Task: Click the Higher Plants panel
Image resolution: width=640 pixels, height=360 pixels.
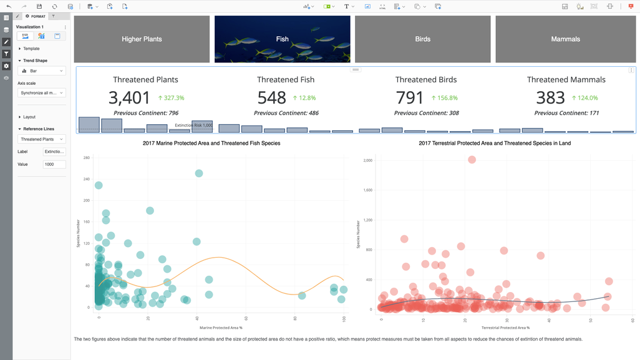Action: [x=142, y=39]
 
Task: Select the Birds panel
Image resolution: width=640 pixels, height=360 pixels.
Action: [x=423, y=39]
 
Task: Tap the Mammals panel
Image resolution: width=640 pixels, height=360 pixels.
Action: [x=565, y=39]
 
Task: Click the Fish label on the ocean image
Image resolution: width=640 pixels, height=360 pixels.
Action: [x=283, y=39]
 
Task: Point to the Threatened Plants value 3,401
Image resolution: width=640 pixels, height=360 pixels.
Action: [x=129, y=98]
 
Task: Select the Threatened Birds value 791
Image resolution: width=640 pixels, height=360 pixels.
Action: [x=409, y=98]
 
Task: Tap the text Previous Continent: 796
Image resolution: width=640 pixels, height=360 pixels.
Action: [x=145, y=113]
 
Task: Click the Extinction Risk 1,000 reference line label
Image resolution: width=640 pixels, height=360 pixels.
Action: [x=193, y=125]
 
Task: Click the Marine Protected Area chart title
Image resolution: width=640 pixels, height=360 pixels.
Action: [x=211, y=143]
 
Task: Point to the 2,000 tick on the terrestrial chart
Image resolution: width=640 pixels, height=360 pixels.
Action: [x=367, y=160]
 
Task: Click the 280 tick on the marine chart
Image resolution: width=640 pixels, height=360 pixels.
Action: [x=87, y=158]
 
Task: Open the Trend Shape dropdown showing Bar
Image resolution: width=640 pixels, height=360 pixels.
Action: [x=41, y=71]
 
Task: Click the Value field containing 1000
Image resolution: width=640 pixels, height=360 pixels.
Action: [x=54, y=164]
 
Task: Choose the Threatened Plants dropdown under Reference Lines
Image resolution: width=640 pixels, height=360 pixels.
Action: [x=41, y=139]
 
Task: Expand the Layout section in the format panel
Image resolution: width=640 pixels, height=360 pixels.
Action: [x=29, y=117]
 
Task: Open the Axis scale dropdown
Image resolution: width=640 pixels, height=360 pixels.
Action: [x=41, y=93]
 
